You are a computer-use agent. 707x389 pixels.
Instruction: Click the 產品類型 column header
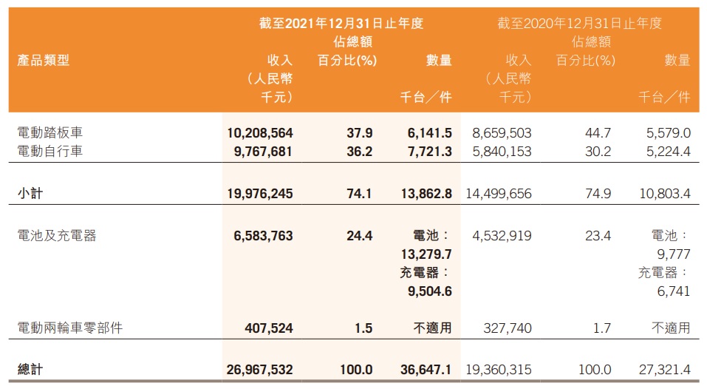43,61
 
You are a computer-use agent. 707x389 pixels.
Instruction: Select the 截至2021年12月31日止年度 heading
341,24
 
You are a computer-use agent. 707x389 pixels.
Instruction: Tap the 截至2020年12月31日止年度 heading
579,24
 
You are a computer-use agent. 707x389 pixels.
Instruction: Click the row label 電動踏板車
49,133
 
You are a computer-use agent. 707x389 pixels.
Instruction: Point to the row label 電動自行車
49,151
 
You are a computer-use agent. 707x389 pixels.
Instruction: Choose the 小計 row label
28,193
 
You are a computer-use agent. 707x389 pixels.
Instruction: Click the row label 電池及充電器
56,236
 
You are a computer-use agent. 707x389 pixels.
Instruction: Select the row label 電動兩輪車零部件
69,328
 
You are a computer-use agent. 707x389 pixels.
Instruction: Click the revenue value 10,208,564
261,133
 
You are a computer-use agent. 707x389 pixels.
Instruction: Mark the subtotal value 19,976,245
261,193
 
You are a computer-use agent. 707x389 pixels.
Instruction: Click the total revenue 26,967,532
261,369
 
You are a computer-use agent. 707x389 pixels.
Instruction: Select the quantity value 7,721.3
429,151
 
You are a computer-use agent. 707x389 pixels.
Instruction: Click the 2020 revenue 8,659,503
501,133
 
